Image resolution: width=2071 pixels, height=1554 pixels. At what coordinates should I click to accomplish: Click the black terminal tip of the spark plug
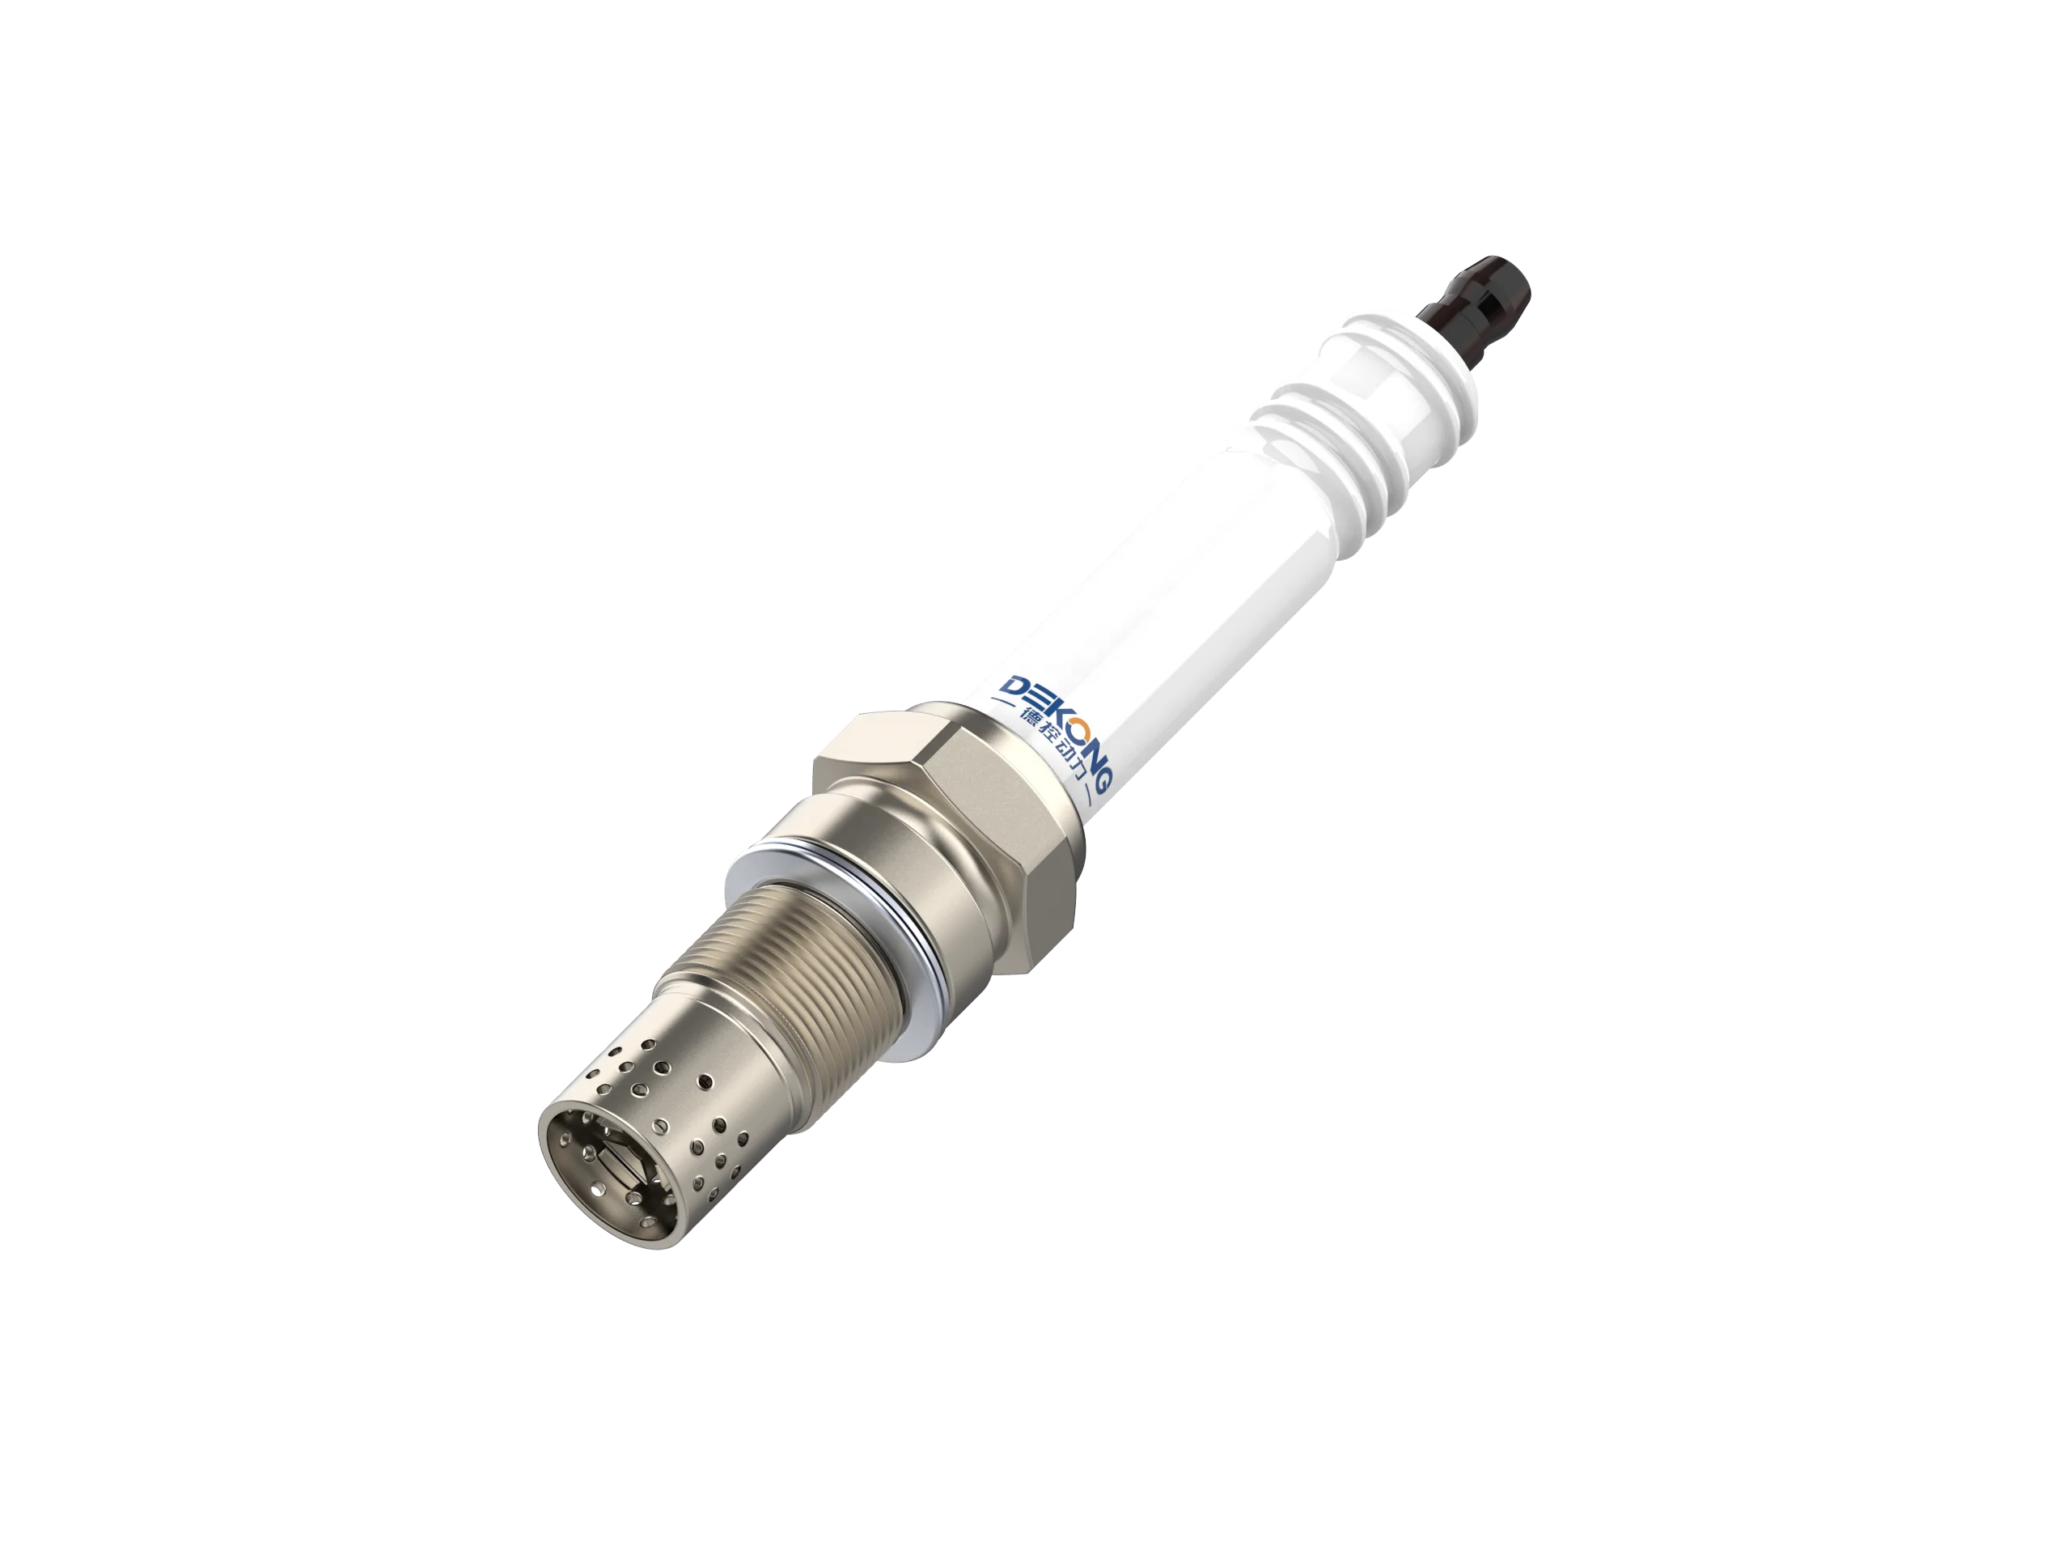1480,299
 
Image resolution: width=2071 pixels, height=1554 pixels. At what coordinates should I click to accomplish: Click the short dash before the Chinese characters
1004,703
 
